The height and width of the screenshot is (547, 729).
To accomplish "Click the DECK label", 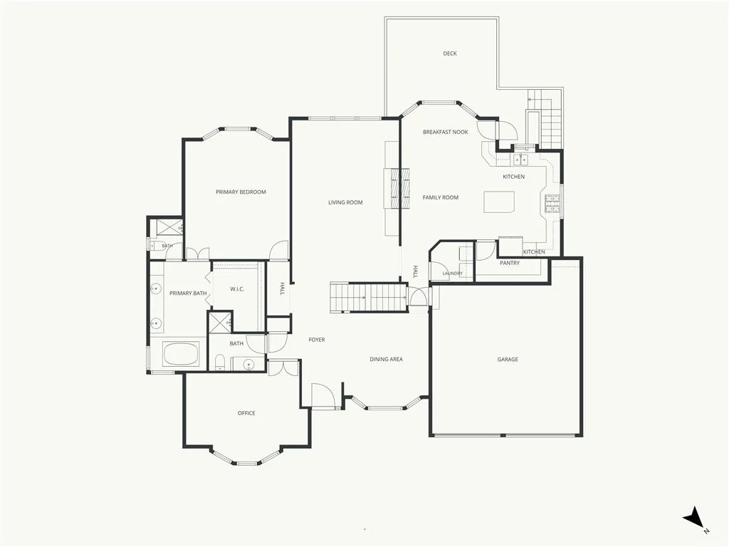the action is coord(450,53).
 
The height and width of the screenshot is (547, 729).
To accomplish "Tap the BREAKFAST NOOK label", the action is coord(446,132).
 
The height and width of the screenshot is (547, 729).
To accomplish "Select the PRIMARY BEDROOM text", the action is coord(241,192).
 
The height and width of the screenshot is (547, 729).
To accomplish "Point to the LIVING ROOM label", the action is coord(345,202).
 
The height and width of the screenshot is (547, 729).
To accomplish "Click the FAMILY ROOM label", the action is coord(440,197).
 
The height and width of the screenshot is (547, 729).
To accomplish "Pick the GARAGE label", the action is coord(508,359).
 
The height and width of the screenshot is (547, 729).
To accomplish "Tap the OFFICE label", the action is coord(246,413).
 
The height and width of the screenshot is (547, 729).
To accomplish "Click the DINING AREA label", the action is coord(386,359).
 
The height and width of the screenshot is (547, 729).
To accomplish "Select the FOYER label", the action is coord(317,340).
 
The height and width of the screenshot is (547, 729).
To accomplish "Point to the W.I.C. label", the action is coord(237,289).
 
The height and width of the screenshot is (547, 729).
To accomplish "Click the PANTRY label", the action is coord(510,263).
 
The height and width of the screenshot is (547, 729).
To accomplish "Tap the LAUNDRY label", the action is coord(452,273).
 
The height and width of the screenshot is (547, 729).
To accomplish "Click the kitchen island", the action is coord(499,202).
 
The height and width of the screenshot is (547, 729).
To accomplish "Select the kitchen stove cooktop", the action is coord(553,204).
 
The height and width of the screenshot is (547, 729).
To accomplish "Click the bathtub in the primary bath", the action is coord(181,354).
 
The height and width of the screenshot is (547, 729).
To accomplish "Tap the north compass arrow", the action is coord(693,517).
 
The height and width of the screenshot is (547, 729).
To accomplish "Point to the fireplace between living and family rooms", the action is coord(397,188).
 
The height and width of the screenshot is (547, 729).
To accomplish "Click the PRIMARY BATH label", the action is coord(188,293).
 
